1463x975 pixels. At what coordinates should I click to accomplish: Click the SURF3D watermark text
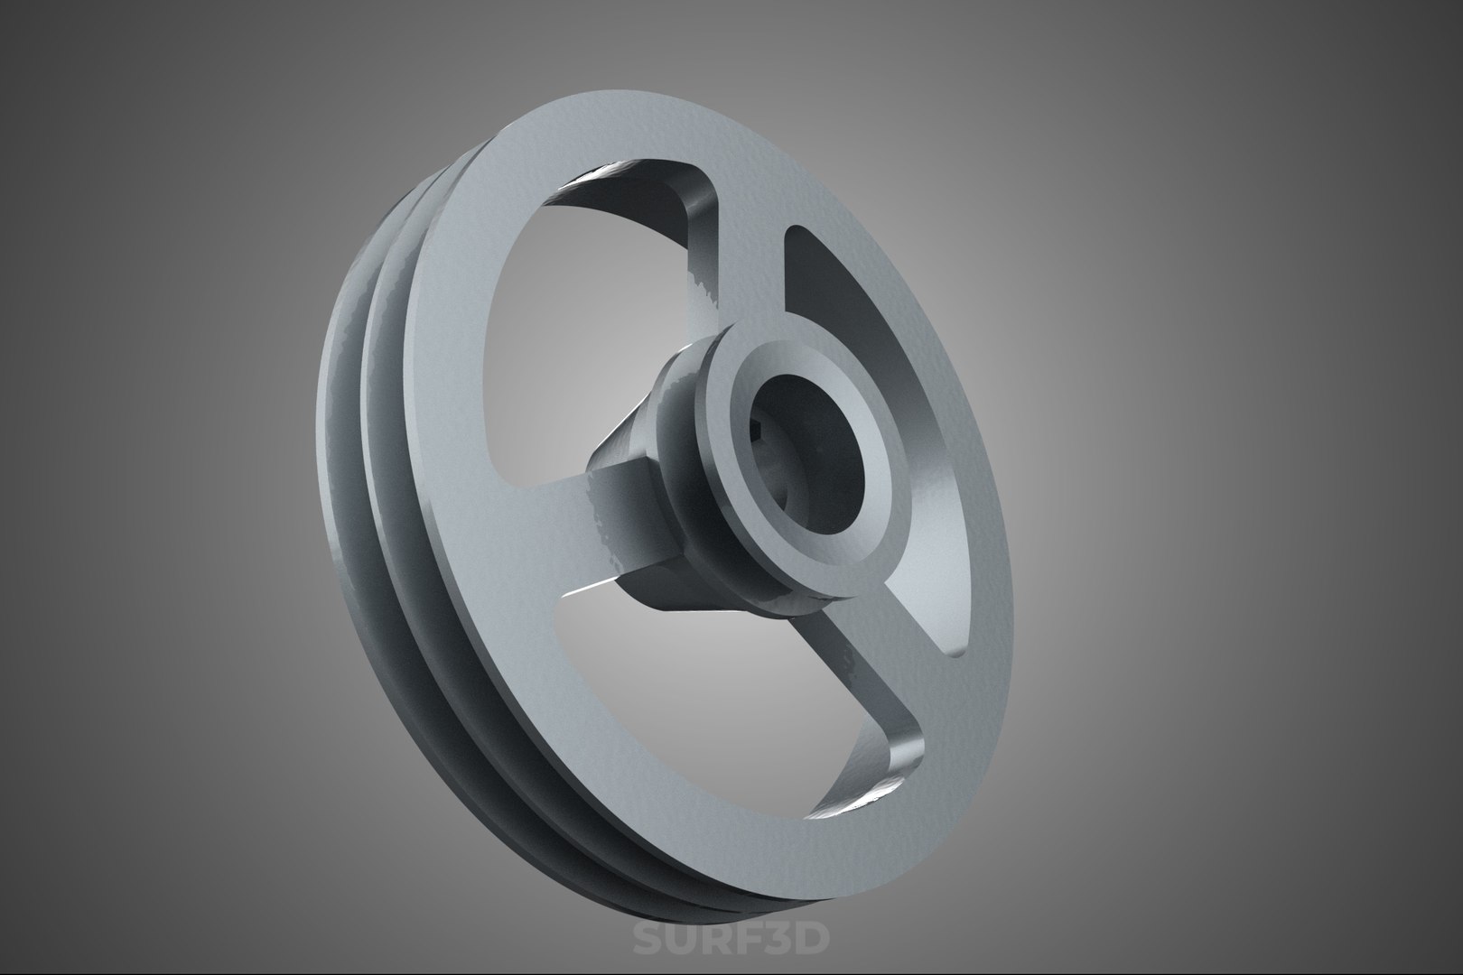[730, 940]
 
